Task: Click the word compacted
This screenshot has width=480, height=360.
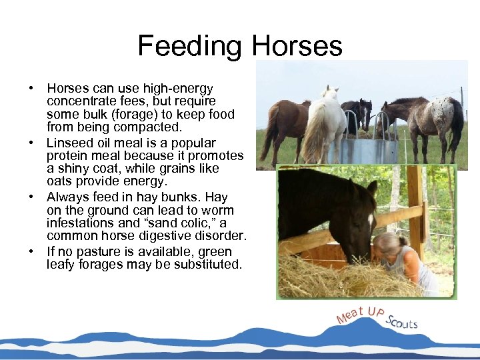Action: coord(151,127)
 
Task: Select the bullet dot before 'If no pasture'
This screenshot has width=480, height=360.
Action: coord(31,252)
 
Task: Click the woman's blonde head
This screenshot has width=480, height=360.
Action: coord(387,245)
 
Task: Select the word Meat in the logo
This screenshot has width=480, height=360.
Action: coord(351,314)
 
